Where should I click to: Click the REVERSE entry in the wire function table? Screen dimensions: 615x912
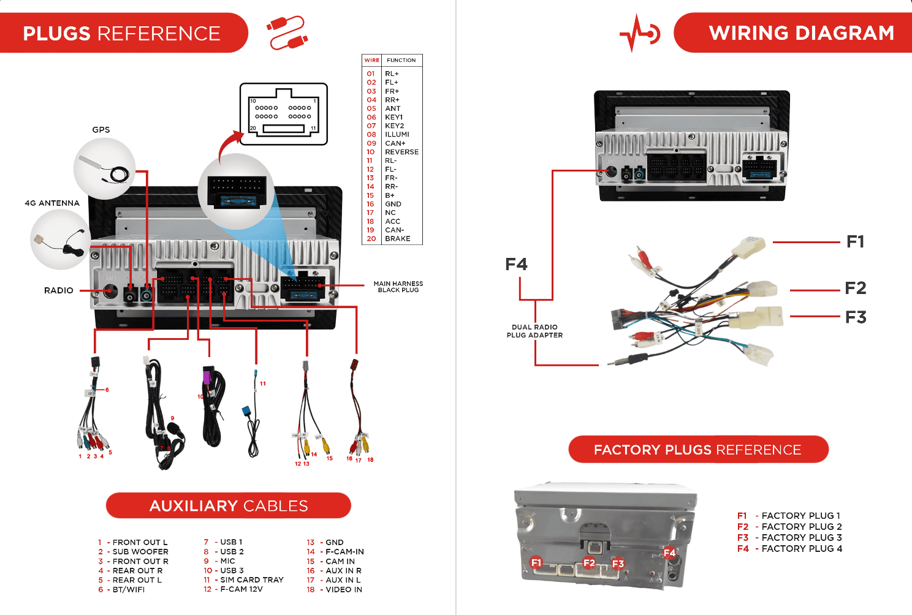pos(401,152)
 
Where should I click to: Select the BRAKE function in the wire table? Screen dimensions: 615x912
pos(397,239)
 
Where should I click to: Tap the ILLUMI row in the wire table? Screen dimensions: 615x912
pos(397,135)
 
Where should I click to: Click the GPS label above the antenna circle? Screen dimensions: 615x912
pos(101,130)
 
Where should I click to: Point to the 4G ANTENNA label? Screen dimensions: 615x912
pos(52,203)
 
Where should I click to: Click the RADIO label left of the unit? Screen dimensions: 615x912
pos(59,290)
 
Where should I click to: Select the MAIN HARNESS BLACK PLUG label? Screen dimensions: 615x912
pos(398,287)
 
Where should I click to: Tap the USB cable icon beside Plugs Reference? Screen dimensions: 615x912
pos(287,32)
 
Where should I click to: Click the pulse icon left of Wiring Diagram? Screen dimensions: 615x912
pos(639,32)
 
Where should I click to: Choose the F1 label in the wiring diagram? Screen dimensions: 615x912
pos(855,242)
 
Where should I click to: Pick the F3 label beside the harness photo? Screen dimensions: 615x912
pos(856,317)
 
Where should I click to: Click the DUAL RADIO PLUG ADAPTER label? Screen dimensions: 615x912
pos(534,331)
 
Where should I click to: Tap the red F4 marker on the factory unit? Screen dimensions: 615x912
pos(669,553)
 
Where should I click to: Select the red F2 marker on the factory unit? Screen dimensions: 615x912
pos(589,563)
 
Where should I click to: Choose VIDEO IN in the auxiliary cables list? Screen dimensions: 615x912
pos(343,590)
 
